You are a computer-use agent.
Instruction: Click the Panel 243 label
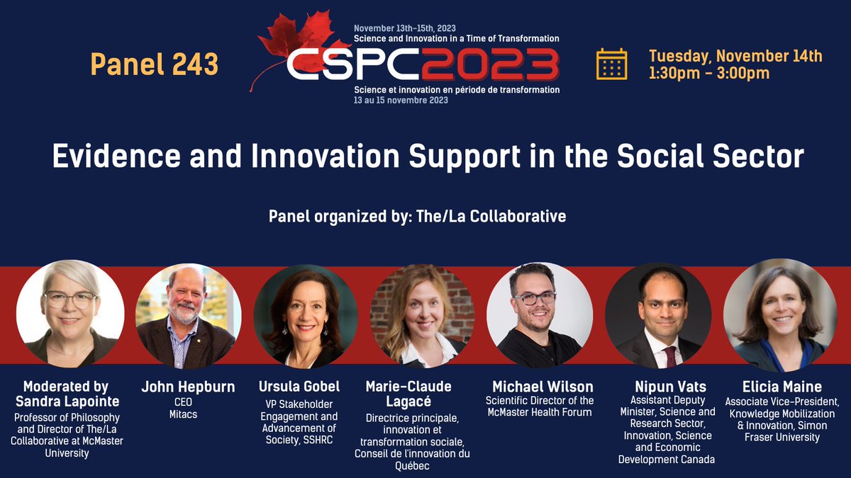click(x=154, y=64)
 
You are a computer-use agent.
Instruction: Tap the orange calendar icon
click(x=611, y=64)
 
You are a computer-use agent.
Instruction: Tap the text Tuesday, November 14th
click(x=735, y=56)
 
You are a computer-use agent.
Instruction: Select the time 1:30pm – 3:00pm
click(x=708, y=73)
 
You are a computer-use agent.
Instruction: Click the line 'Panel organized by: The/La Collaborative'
click(x=417, y=216)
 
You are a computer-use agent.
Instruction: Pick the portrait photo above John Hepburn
click(x=189, y=316)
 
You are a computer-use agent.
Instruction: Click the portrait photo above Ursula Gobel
click(x=306, y=316)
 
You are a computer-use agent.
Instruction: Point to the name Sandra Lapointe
click(x=66, y=401)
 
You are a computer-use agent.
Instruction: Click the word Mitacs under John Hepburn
click(x=188, y=414)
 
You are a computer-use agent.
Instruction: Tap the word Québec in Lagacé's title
click(x=412, y=466)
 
